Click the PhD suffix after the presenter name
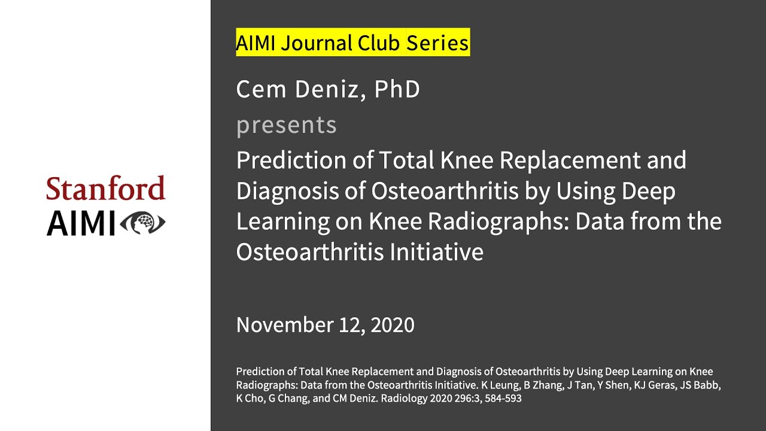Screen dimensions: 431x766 397,90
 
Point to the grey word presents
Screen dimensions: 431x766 286,125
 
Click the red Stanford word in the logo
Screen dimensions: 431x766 106,189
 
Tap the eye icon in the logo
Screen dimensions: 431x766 142,223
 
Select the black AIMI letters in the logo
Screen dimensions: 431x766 81,223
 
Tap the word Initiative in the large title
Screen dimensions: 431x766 436,252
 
